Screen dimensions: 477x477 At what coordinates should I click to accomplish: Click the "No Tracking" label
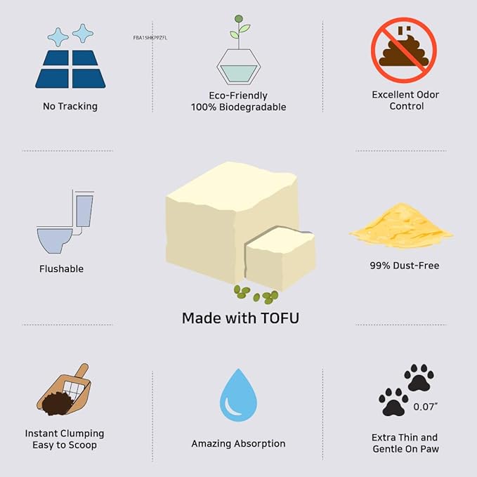pyautogui.click(x=70, y=107)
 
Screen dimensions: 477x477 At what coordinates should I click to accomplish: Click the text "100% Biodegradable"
pyautogui.click(x=238, y=107)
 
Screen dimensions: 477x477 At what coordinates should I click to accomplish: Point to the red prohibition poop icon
pyautogui.click(x=403, y=50)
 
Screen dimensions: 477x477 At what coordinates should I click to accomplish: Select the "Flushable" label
pyautogui.click(x=63, y=268)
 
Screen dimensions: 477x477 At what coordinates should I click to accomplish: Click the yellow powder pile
pyautogui.click(x=401, y=226)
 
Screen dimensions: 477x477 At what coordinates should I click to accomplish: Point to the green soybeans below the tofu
pyautogui.click(x=256, y=294)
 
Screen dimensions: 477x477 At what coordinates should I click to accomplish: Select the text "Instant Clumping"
pyautogui.click(x=65, y=433)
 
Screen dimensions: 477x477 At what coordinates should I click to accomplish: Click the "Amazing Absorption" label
pyautogui.click(x=238, y=444)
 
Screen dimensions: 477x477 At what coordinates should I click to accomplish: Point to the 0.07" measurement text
pyautogui.click(x=424, y=407)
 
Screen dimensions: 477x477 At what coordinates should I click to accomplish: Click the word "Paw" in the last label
pyautogui.click(x=428, y=449)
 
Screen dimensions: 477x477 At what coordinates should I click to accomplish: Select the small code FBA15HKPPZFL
pyautogui.click(x=150, y=37)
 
